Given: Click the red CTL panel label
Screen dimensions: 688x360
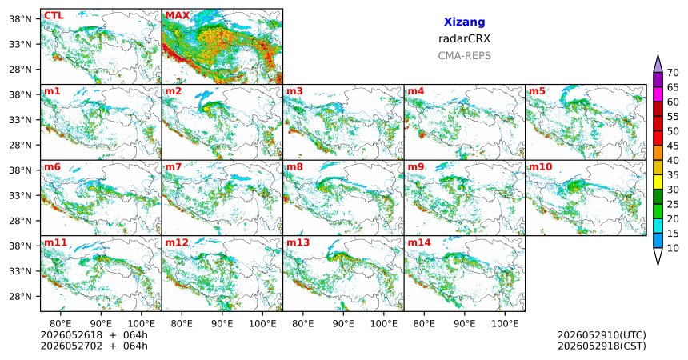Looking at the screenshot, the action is [54, 16].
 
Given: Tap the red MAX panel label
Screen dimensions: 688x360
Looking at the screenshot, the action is [178, 16].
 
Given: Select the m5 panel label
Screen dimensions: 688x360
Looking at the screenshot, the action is [537, 91].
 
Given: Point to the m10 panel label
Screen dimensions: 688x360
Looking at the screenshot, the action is [541, 167].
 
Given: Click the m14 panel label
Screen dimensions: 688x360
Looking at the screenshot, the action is [419, 242].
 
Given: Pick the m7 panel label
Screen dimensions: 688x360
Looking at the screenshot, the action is [174, 167].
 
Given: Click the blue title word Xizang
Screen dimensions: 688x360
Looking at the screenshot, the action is [464, 22].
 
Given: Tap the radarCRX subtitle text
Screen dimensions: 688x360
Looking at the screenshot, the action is [464, 38].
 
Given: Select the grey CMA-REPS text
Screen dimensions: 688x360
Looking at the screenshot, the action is [464, 56].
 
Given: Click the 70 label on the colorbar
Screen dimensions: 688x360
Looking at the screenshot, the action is [673, 73].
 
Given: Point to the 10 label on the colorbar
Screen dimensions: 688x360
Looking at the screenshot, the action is [673, 248].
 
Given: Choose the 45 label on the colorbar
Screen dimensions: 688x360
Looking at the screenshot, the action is [673, 146].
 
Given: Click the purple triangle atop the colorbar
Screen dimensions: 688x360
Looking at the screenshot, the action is [658, 64].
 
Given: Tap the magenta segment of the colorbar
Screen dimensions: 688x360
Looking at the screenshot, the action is [658, 94].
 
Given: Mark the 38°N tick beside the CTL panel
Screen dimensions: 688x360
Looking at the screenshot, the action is [21, 19].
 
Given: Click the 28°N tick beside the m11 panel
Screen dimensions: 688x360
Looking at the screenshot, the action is [21, 296].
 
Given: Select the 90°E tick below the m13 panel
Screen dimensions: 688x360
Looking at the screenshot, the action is [343, 324].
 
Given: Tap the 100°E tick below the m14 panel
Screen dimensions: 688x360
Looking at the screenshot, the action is [505, 324].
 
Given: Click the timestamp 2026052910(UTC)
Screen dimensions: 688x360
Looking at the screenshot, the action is [602, 335].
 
